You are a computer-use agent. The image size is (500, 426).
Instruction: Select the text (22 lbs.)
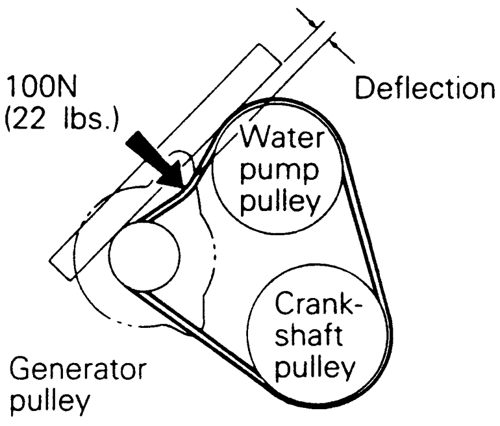coord(62,121)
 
